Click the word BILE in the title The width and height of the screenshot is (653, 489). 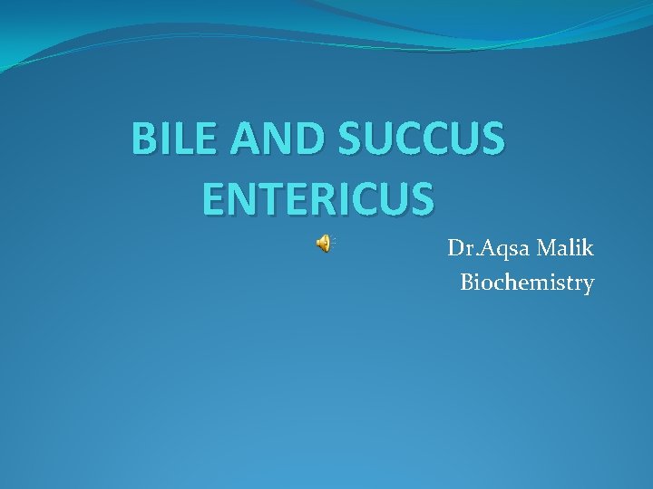[171, 139]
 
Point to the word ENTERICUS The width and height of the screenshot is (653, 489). [317, 199]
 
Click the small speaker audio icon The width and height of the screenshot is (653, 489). [324, 243]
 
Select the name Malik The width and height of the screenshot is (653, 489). [562, 247]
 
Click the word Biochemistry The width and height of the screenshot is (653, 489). [527, 283]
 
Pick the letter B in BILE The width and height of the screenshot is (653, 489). [144, 139]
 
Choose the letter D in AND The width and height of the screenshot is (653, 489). [307, 139]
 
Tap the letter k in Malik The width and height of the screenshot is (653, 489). [588, 247]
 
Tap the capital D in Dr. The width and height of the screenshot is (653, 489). [455, 247]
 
